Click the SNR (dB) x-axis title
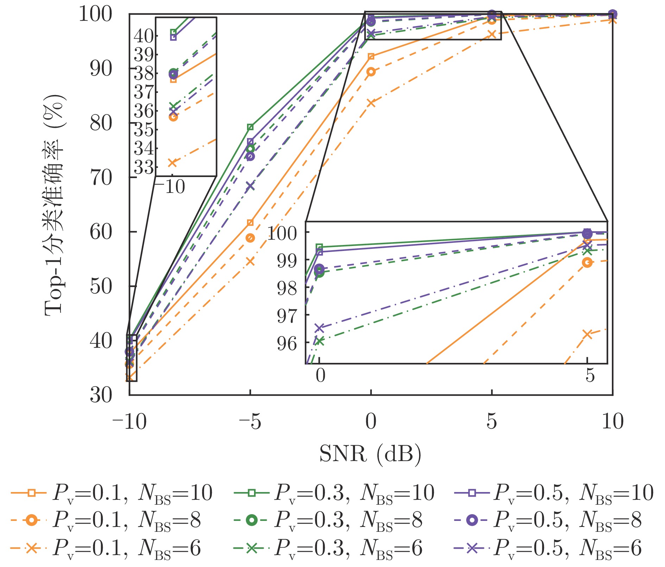[x=370, y=454]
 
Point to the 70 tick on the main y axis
[x=101, y=177]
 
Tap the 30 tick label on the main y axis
[x=101, y=395]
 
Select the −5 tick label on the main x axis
[x=250, y=421]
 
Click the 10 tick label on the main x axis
[x=613, y=421]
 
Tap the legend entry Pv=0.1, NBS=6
[x=106, y=548]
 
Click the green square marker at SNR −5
[x=250, y=127]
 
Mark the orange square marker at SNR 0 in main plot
[x=371, y=57]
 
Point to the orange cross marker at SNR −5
[x=250, y=261]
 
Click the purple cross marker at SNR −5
[x=250, y=186]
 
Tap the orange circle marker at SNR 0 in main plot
[x=371, y=72]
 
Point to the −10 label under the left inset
[x=170, y=187]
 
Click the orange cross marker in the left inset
[x=172, y=163]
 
